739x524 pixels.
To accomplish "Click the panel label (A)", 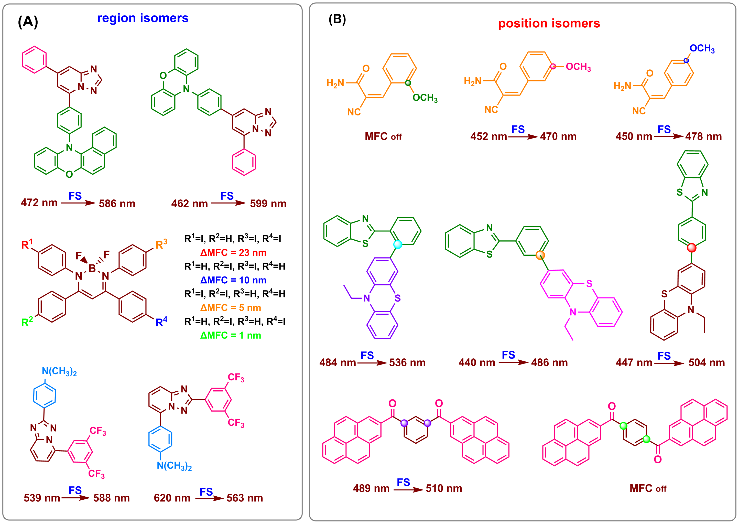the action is (28, 22).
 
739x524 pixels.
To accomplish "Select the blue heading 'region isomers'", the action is (143, 18).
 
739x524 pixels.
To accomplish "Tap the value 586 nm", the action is (117, 204).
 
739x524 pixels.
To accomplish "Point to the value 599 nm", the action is (268, 204).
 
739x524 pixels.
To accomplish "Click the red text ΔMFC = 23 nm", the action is (233, 253).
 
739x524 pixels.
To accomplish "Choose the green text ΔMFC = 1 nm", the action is (231, 336).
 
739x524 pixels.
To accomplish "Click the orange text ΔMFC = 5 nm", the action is (231, 308).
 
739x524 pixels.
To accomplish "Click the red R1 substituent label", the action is (27, 244).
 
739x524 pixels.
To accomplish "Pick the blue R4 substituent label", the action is (161, 322).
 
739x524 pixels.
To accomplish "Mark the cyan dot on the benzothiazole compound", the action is (398, 244).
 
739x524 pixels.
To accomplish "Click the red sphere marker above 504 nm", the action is (692, 248).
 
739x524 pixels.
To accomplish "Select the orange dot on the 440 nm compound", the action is (540, 255).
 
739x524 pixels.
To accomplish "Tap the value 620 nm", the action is (172, 498).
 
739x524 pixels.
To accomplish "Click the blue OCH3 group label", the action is (702, 49).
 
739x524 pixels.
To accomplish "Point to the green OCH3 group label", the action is (425, 98).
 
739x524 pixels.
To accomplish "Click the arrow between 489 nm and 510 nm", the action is (408, 490).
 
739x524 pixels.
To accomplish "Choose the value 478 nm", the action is (703, 136).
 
